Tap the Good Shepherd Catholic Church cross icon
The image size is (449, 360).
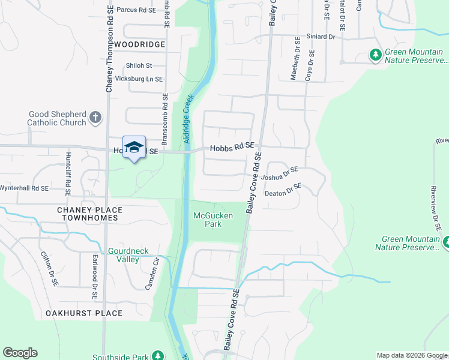click(95, 118)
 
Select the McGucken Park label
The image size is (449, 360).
click(207, 220)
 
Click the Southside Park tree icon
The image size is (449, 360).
click(157, 356)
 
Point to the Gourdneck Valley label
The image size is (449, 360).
click(124, 255)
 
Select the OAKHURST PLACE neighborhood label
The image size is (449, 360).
click(84, 313)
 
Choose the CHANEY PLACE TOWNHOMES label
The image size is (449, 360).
click(89, 214)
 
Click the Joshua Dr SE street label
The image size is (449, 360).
click(280, 174)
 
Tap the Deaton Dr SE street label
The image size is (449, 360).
click(283, 191)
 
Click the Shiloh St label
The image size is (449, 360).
click(139, 65)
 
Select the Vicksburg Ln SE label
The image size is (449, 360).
click(139, 79)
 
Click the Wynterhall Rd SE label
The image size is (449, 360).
click(23, 188)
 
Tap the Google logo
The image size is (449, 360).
click(20, 353)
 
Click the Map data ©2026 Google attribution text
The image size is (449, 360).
click(411, 355)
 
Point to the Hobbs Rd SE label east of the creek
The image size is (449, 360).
click(232, 146)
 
